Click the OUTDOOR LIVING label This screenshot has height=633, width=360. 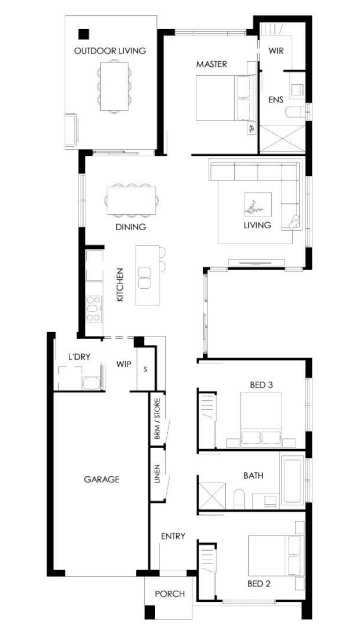tap(110, 51)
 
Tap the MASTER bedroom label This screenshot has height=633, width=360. tap(211, 64)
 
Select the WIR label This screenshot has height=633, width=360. tap(276, 51)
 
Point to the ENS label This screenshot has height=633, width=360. tap(276, 99)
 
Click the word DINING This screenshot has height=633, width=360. tap(130, 227)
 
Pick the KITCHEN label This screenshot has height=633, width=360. tap(120, 284)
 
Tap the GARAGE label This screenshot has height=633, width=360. tap(102, 479)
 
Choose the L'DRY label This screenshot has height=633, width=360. tap(79, 357)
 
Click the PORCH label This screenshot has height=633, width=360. tap(170, 594)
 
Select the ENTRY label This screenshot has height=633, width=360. tap(173, 536)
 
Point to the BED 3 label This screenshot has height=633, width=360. tap(261, 385)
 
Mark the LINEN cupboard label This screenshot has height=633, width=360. tap(157, 474)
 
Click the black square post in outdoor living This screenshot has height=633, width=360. tap(84, 34)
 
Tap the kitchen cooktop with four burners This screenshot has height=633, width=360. tap(94, 309)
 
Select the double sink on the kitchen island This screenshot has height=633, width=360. tap(144, 278)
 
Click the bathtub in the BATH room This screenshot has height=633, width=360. tap(292, 480)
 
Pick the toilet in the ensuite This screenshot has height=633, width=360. tap(294, 112)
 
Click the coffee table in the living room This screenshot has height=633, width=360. tap(258, 204)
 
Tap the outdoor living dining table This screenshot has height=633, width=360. tap(114, 86)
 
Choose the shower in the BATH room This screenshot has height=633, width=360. tap(213, 492)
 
